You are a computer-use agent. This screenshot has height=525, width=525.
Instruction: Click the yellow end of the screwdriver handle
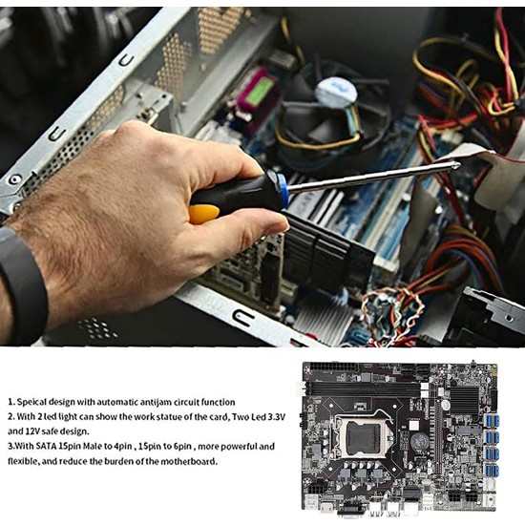click(x=202, y=212)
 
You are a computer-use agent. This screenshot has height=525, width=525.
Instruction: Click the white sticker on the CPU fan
click(x=336, y=91)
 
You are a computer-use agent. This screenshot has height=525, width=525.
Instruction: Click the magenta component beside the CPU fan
click(x=257, y=92)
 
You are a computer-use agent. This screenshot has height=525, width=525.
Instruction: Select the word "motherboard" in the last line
click(x=184, y=460)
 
